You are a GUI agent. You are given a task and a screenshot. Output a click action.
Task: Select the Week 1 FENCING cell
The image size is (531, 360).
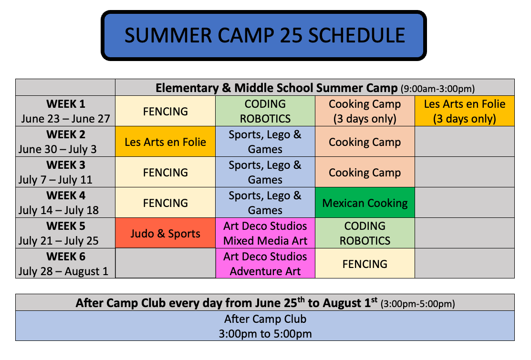[x=165, y=111]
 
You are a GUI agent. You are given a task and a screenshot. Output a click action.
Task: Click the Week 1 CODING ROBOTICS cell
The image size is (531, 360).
[x=265, y=111]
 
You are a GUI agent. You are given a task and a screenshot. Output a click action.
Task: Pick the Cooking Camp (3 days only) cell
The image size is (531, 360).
[x=364, y=111]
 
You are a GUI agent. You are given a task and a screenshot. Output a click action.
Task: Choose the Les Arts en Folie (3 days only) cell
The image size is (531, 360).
[x=465, y=111]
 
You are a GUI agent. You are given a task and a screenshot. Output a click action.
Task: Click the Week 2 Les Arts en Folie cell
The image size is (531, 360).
[x=165, y=142]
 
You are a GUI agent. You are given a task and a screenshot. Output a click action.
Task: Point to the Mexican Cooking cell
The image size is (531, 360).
[x=364, y=202]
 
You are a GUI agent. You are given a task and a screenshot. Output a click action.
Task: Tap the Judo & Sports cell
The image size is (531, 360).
[x=165, y=233]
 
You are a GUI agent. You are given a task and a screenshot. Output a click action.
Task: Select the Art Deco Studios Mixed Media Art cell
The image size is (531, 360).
[x=265, y=233]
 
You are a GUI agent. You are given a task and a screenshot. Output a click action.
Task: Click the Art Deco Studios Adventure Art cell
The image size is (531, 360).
[x=265, y=263]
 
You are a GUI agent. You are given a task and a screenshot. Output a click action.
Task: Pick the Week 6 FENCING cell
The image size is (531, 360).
[x=364, y=263]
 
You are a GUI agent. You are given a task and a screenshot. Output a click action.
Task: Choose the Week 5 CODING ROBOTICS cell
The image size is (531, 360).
[x=364, y=233]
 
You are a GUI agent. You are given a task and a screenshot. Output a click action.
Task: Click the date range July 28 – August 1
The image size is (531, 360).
[x=63, y=271]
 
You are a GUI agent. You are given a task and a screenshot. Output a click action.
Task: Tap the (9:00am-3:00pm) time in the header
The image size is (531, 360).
[x=437, y=89]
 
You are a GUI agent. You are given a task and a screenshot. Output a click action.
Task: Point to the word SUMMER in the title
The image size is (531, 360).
[x=168, y=35]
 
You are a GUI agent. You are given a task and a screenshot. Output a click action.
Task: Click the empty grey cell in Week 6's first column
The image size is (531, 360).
[x=165, y=263]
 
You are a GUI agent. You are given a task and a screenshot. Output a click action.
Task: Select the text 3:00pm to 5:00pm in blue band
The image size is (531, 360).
[x=265, y=334]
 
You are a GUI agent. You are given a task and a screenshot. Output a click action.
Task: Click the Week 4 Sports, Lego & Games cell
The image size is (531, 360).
[x=265, y=202]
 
